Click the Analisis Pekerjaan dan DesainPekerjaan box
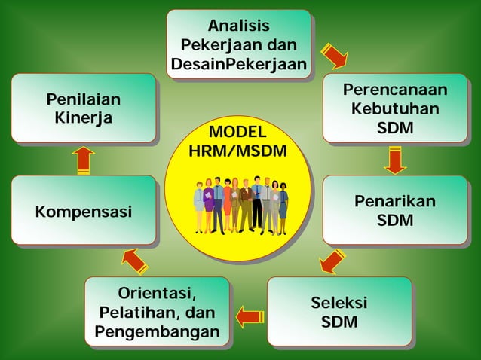pyautogui.click(x=239, y=44)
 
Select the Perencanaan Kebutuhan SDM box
pyautogui.click(x=395, y=108)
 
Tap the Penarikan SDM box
pyautogui.click(x=395, y=210)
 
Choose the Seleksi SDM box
pyautogui.click(x=339, y=312)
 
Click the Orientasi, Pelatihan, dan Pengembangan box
pyautogui.click(x=157, y=312)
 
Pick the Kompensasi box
pyautogui.click(x=84, y=211)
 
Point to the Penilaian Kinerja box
pyautogui.click(x=84, y=108)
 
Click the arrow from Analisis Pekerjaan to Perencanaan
pyautogui.click(x=333, y=56)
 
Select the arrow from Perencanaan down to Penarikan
pyautogui.click(x=394, y=159)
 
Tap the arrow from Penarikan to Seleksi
pyautogui.click(x=332, y=261)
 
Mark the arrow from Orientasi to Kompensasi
pyautogui.click(x=134, y=261)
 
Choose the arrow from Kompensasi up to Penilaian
pyautogui.click(x=83, y=160)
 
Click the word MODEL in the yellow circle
pyautogui.click(x=237, y=133)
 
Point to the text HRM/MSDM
pyautogui.click(x=237, y=151)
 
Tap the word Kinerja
pyautogui.click(x=84, y=118)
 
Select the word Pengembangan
pyautogui.click(x=157, y=331)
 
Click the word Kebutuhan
pyautogui.click(x=395, y=109)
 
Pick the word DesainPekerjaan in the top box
pyautogui.click(x=239, y=65)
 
